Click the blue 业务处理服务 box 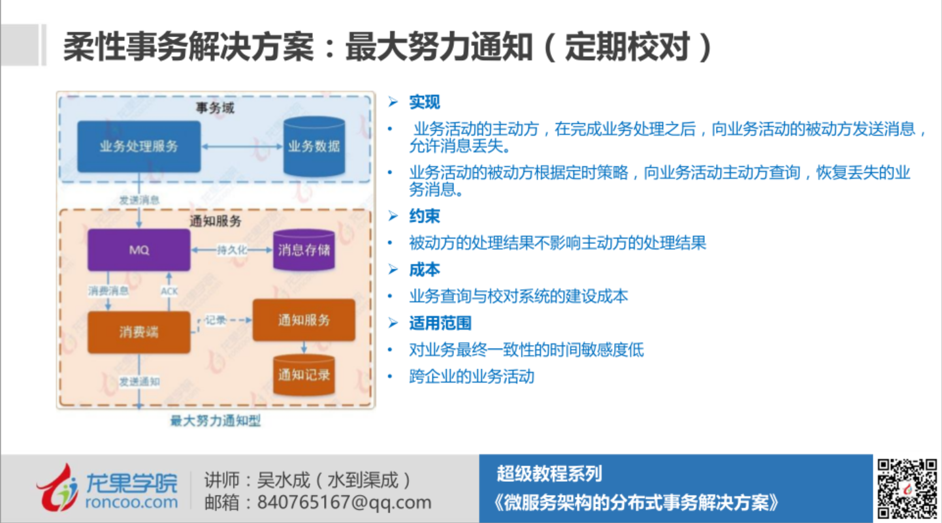pyautogui.click(x=138, y=146)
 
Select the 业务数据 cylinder pyautogui.click(x=314, y=146)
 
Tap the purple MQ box pyautogui.click(x=138, y=249)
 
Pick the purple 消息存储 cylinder pyautogui.click(x=304, y=249)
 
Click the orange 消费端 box pyautogui.click(x=138, y=332)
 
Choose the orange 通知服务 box pyautogui.click(x=304, y=320)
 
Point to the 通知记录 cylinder pyautogui.click(x=304, y=375)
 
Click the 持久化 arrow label pyautogui.click(x=231, y=250)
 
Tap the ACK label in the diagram pyautogui.click(x=169, y=291)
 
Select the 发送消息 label pyautogui.click(x=138, y=200)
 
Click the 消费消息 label pyautogui.click(x=108, y=291)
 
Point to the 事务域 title pyautogui.click(x=215, y=108)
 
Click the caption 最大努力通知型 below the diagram pyautogui.click(x=215, y=421)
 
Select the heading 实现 pyautogui.click(x=425, y=102)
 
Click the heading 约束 pyautogui.click(x=425, y=216)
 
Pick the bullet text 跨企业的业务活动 pyautogui.click(x=472, y=377)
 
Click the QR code pyautogui.click(x=907, y=488)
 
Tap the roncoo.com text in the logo pyautogui.click(x=131, y=502)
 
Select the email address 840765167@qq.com pyautogui.click(x=344, y=502)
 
